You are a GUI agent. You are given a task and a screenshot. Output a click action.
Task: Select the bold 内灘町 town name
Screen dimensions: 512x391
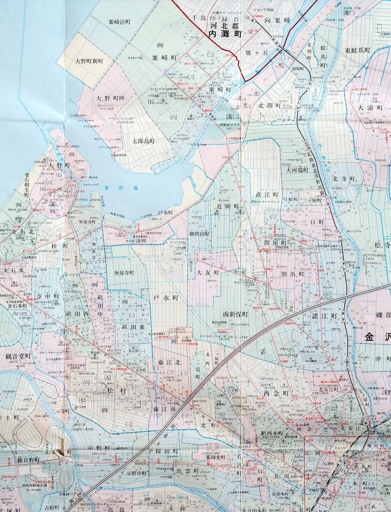point(225,35)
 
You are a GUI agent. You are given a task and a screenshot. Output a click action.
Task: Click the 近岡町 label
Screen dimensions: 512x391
point(227,206)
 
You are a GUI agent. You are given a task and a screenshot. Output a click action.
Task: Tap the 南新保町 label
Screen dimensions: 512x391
point(232,314)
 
